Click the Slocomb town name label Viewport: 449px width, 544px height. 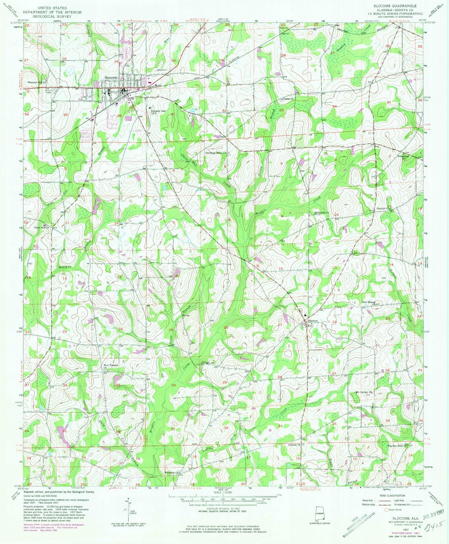[110, 78]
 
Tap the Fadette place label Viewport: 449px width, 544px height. [313, 321]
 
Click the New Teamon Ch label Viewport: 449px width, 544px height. [111, 366]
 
